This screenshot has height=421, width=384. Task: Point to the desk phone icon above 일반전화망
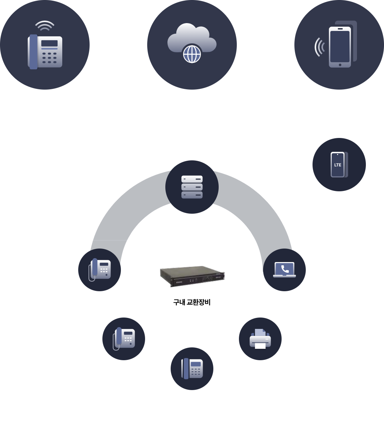point(45,52)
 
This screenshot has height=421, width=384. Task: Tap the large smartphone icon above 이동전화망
point(340,46)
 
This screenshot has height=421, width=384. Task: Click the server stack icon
point(192,187)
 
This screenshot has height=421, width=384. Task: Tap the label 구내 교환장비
point(192,303)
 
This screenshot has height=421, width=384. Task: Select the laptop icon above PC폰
point(284,270)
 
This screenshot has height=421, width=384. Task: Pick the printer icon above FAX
point(260,339)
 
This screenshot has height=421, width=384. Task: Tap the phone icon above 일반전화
point(192,369)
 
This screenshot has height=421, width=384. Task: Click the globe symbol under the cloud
point(192,54)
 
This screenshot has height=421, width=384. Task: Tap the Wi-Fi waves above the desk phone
point(45,26)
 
